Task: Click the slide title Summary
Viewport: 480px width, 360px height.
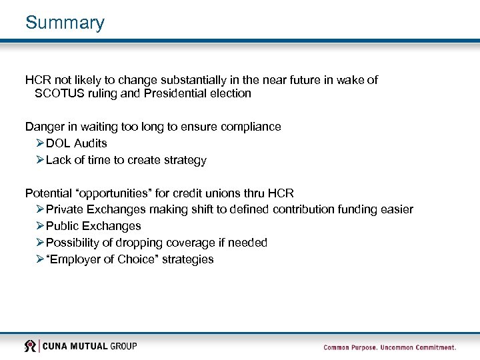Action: (65, 23)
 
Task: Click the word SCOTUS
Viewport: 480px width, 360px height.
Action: (57, 93)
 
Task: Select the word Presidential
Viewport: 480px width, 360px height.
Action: (165, 93)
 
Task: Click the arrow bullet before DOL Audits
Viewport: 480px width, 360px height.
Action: (40, 143)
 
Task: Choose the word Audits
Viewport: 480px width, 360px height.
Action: (90, 143)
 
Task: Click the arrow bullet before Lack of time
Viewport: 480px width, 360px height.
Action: (40, 160)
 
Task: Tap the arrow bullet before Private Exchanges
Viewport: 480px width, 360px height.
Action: (40, 209)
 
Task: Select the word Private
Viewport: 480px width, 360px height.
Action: (65, 209)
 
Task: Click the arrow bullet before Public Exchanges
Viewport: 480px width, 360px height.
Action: (40, 226)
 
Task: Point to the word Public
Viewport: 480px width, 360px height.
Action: (62, 226)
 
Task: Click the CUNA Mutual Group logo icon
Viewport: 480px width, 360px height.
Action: (30, 346)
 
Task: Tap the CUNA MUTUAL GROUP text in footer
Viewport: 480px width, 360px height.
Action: (91, 346)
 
